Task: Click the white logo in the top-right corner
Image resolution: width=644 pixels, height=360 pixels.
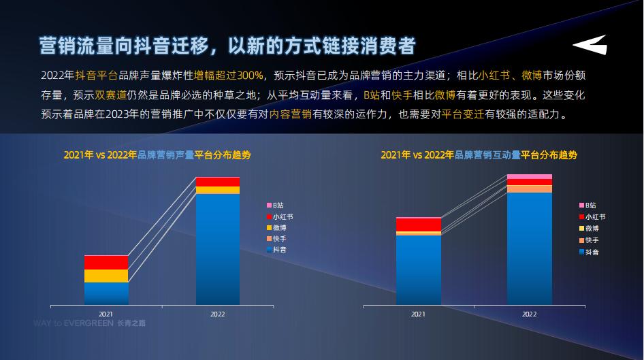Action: point(589,46)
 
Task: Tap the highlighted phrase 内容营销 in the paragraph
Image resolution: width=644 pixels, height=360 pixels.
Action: point(290,114)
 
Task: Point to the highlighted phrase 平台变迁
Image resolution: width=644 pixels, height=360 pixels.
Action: point(462,114)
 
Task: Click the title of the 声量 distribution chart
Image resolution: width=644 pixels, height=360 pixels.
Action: point(157,155)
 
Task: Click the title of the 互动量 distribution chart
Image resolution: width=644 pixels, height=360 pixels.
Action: point(479,155)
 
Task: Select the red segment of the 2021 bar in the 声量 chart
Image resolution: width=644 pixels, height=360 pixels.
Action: point(106,262)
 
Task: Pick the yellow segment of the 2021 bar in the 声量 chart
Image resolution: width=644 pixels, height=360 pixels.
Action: point(106,276)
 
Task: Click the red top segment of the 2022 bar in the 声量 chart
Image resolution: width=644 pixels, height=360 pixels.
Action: point(218,181)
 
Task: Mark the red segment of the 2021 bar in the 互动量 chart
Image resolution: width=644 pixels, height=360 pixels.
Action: point(418,225)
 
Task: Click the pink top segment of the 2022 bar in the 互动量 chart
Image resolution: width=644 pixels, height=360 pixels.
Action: point(529,176)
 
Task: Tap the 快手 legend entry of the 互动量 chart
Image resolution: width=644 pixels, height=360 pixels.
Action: point(590,240)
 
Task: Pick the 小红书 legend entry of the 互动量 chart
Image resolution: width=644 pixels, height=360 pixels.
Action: point(592,216)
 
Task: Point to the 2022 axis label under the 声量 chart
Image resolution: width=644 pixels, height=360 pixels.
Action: point(218,314)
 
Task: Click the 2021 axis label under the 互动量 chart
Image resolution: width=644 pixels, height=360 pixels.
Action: point(418,314)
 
